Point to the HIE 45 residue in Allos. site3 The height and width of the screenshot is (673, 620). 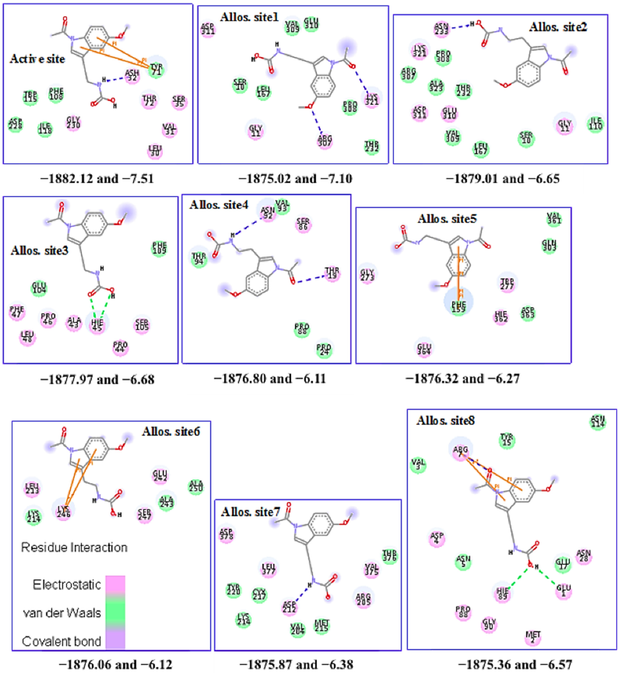point(97,325)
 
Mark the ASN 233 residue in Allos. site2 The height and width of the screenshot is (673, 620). point(441,28)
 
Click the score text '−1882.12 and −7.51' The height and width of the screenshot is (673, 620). point(97,179)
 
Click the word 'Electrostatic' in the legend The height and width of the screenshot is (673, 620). point(67,585)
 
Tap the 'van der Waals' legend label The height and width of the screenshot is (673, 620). point(62,613)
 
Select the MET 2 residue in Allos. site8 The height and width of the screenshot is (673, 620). point(533,636)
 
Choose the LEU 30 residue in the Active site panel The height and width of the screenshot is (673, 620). point(155,151)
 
